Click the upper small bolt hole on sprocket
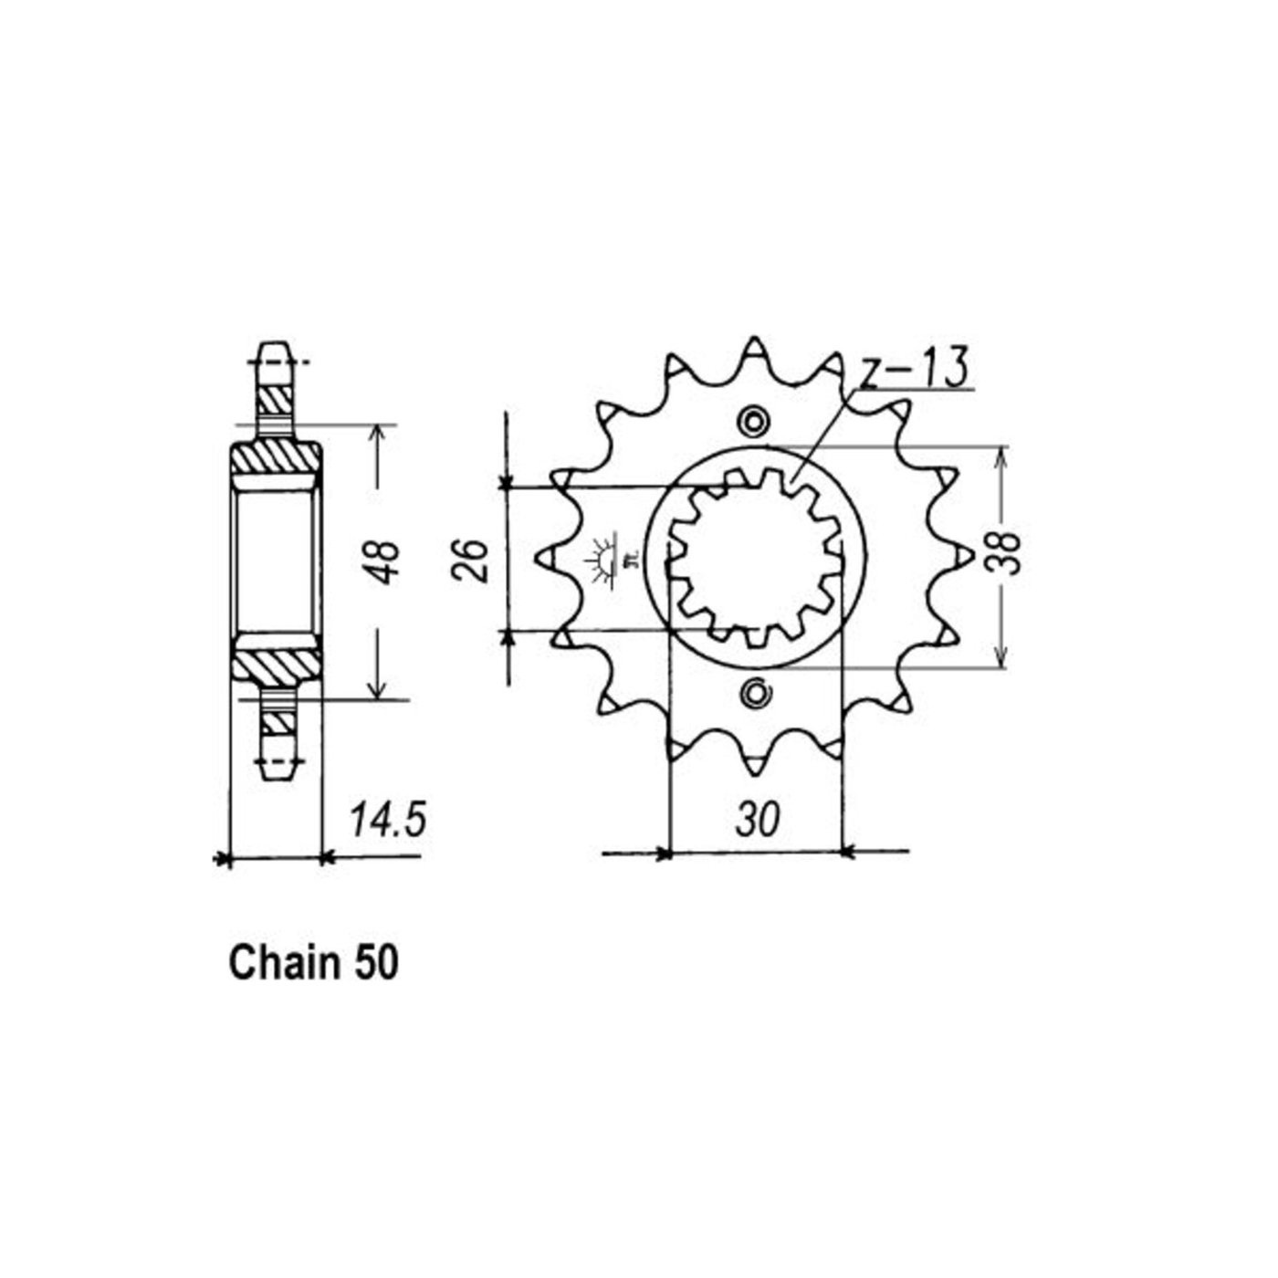[754, 422]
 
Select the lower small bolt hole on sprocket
[754, 693]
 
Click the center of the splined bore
[755, 558]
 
